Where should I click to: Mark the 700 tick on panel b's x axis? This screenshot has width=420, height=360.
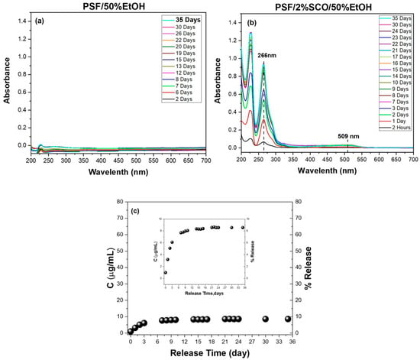(412, 161)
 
